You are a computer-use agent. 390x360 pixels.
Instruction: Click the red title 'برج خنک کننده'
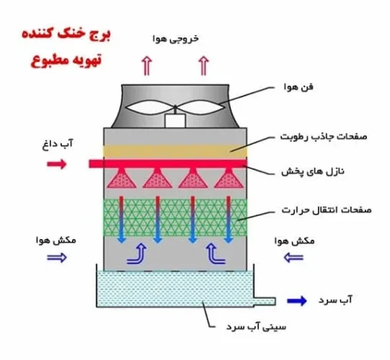[x=66, y=34]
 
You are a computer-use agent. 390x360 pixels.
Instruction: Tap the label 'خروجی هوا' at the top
[x=175, y=39]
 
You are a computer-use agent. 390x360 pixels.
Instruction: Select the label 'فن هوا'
[x=298, y=87]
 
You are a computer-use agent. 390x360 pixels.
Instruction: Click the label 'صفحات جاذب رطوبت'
[x=323, y=136]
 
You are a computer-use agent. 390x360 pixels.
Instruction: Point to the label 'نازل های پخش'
[x=313, y=171]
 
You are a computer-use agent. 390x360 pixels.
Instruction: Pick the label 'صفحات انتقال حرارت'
[x=326, y=210]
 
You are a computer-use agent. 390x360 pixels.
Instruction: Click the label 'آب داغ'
[x=57, y=144]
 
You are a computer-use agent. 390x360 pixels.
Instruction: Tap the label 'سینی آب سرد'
[x=256, y=327]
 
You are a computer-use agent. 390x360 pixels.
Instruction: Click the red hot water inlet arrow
[x=57, y=164]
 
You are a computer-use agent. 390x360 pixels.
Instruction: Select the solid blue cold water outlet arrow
[x=297, y=301]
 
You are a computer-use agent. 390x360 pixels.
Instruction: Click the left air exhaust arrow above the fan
[x=146, y=66]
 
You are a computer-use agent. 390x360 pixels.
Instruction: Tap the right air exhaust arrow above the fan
[x=204, y=66]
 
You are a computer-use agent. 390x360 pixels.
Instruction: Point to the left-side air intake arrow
[x=57, y=257]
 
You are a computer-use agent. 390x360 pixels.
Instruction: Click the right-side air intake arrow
[x=293, y=257]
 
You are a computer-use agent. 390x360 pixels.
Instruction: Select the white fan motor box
[x=175, y=121]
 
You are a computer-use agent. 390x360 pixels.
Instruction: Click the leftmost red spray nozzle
[x=122, y=178]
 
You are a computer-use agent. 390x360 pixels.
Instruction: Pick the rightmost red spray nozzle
[x=229, y=178]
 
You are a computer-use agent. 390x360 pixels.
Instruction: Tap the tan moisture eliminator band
[x=175, y=151]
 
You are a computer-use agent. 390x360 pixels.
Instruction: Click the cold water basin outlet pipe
[x=264, y=302]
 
